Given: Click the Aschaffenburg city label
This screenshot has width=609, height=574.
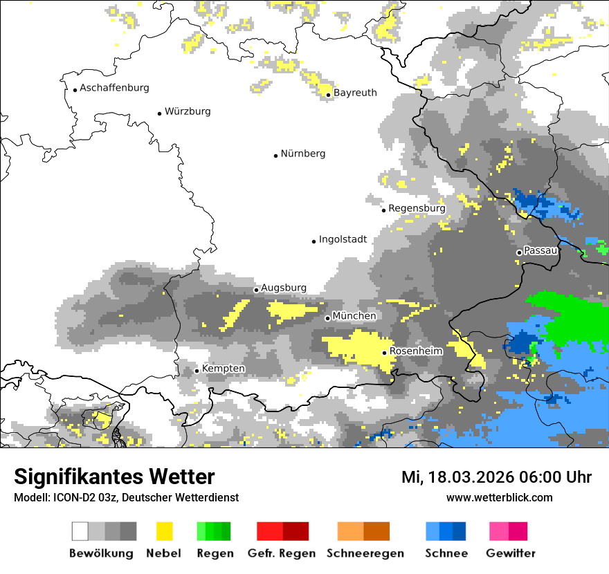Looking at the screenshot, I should (114, 89).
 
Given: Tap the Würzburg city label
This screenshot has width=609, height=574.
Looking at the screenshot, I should (188, 111).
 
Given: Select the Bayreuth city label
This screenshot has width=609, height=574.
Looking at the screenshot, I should (355, 93).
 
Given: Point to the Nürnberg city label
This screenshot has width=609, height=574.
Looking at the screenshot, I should (302, 154).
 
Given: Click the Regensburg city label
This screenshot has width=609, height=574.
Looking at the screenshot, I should (417, 208).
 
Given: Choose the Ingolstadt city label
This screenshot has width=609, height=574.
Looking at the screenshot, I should (343, 240).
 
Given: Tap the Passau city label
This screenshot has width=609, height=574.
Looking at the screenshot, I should (540, 251).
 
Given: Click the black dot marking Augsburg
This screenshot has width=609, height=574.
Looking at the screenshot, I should (256, 290).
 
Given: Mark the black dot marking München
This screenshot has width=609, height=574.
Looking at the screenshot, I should (327, 318).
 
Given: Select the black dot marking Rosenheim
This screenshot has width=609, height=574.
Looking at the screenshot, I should (385, 353).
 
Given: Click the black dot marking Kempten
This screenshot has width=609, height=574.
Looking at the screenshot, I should (197, 371).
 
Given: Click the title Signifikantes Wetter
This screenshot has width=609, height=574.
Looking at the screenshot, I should (114, 477).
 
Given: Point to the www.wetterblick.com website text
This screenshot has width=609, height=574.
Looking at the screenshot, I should (499, 498).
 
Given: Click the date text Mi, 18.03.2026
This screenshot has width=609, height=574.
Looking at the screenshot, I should (462, 478).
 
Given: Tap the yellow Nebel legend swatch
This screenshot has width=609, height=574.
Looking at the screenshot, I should (164, 531).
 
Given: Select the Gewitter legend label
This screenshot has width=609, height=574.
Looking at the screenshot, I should (510, 553).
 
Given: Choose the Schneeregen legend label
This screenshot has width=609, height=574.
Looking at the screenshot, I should (365, 553).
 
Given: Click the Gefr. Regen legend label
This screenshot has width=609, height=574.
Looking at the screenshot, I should (282, 553).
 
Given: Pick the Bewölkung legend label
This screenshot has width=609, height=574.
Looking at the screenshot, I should (101, 553).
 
